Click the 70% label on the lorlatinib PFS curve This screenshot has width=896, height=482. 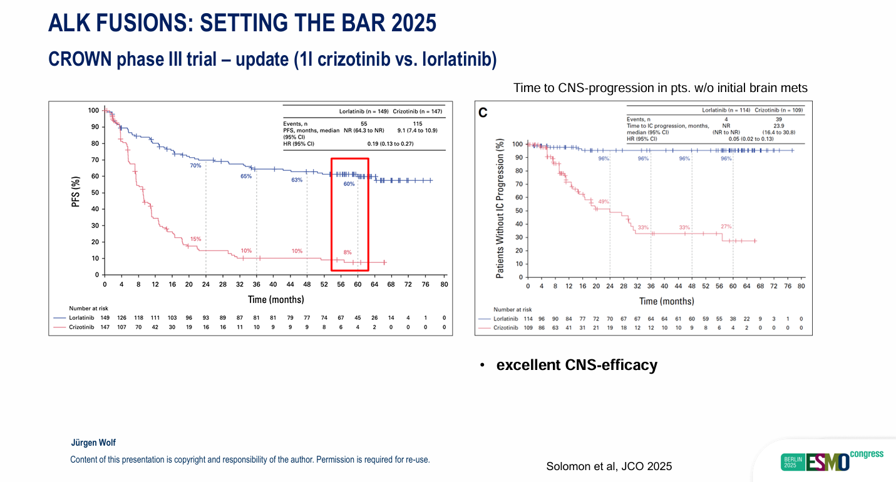[x=196, y=166]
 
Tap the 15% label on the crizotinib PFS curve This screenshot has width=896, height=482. [x=196, y=239]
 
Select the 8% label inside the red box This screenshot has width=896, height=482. [x=348, y=252]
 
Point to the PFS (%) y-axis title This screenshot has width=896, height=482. [x=76, y=192]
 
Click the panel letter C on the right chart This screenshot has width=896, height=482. [x=483, y=113]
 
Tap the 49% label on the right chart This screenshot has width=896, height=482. [x=604, y=202]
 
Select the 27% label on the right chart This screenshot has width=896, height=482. [x=726, y=227]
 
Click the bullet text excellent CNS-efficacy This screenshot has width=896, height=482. [x=576, y=365]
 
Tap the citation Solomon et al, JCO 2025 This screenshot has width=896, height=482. [x=609, y=466]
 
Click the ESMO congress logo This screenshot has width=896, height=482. [x=832, y=460]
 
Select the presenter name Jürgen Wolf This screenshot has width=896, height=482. [x=93, y=443]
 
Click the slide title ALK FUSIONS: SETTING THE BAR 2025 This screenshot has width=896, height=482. [x=242, y=23]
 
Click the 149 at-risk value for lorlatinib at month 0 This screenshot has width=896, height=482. [x=105, y=317]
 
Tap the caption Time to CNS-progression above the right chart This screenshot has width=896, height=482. [x=660, y=88]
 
